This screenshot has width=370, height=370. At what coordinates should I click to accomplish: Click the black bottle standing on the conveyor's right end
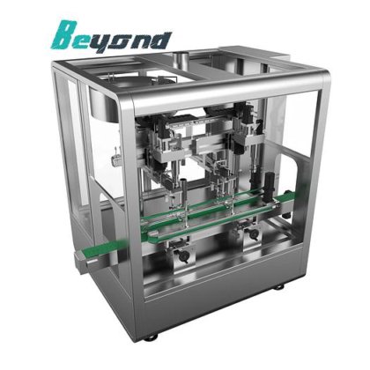coord(270,188)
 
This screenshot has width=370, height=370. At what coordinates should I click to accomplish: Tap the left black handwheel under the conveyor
coord(184,256)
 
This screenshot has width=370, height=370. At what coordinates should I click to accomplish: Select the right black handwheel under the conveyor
coord(254,233)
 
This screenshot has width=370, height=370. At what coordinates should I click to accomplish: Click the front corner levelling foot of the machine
coord(151,337)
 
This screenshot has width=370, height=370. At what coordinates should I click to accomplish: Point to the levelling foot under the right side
coord(279,286)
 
